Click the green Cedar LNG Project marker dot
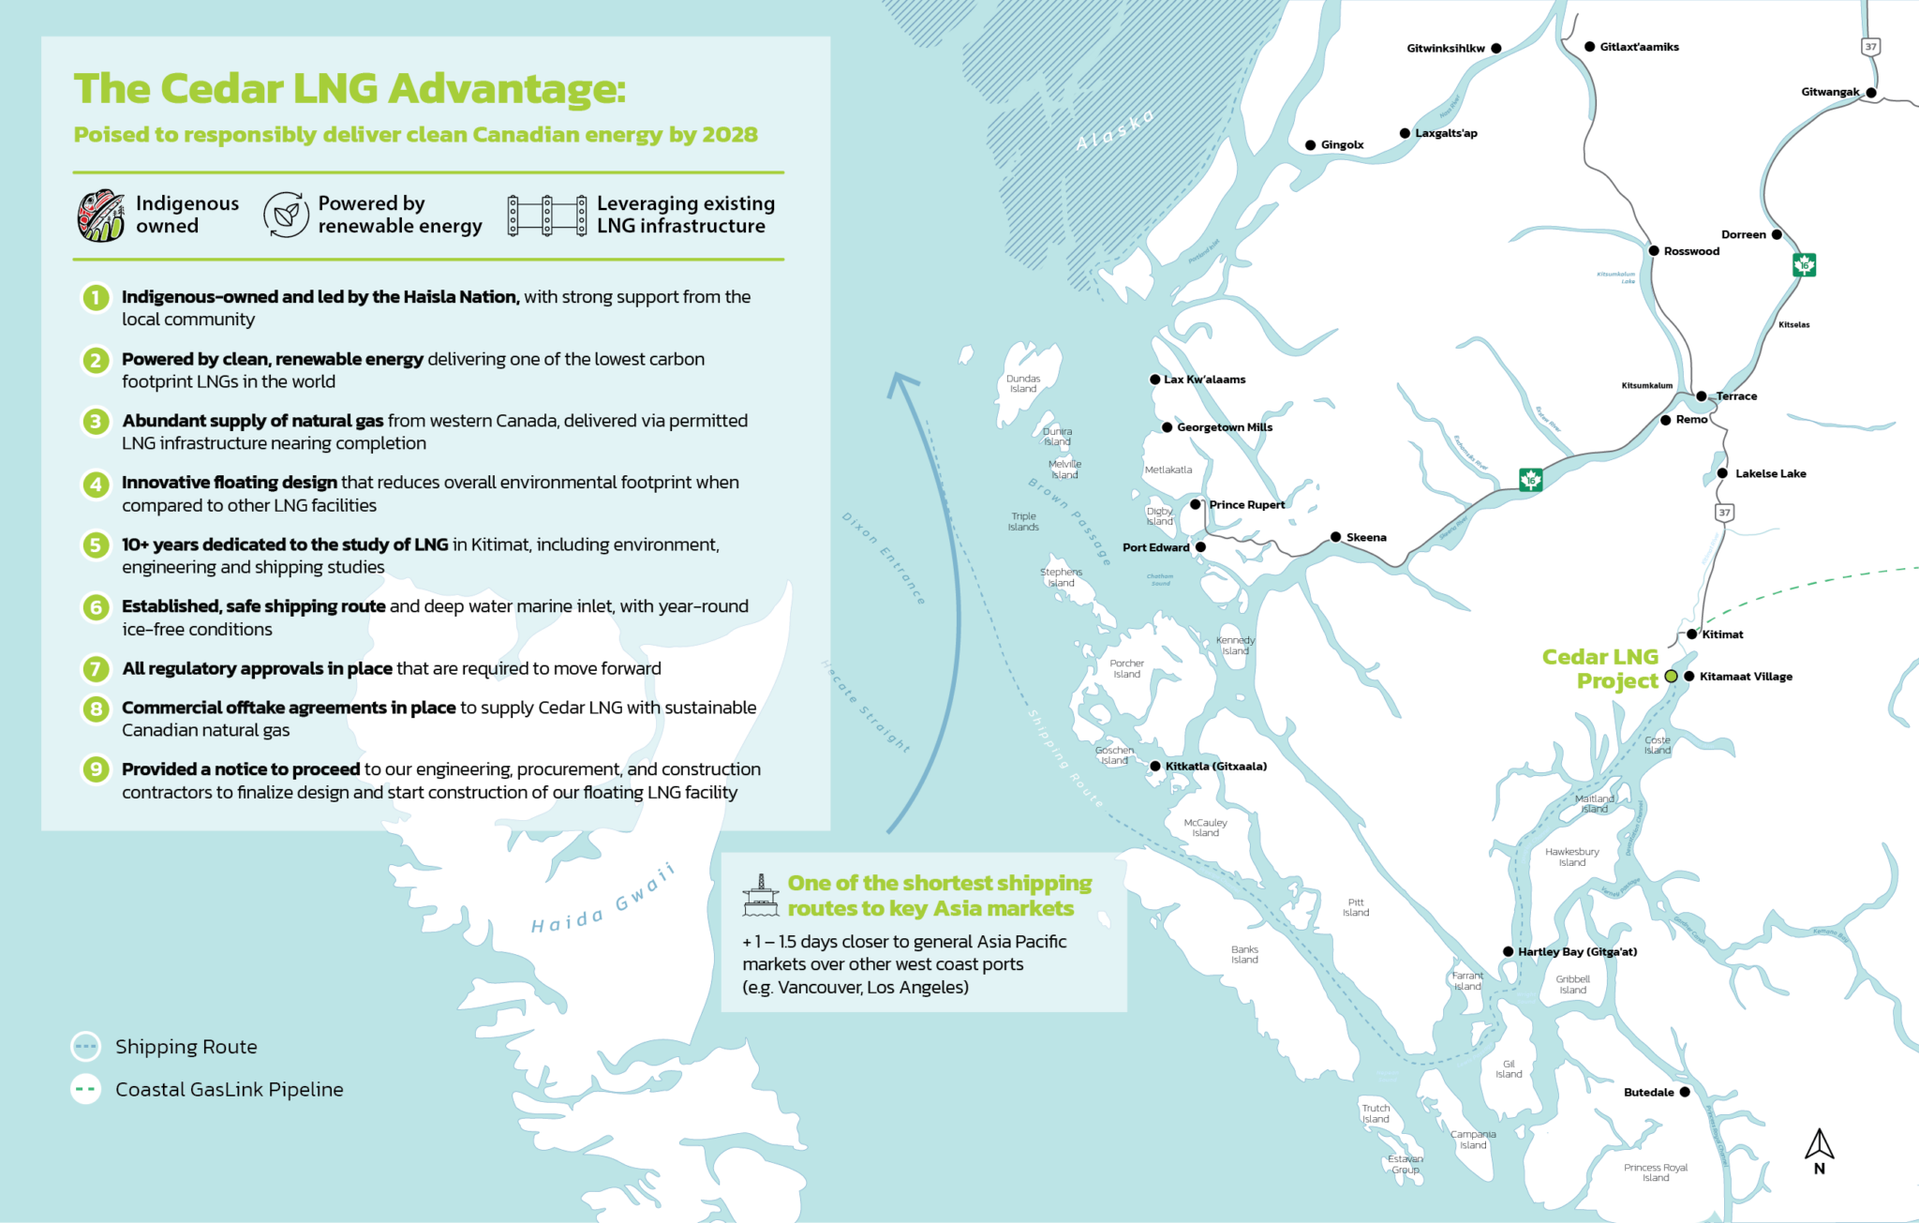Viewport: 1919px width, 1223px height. [x=1671, y=676]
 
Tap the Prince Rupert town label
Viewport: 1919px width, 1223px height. [x=1246, y=504]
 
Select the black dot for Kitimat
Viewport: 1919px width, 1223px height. [x=1691, y=634]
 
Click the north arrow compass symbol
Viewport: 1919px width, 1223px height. [x=1819, y=1149]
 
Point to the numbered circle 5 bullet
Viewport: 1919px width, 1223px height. [x=96, y=545]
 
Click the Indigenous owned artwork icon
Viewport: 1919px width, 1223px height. [x=100, y=216]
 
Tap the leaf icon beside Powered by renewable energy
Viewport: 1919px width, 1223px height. [x=286, y=215]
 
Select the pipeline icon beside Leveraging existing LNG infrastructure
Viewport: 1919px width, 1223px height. [x=547, y=216]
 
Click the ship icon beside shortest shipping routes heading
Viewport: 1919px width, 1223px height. [x=760, y=896]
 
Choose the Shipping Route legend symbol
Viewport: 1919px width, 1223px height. [x=85, y=1046]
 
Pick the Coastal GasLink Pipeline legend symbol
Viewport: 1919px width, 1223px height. [x=85, y=1089]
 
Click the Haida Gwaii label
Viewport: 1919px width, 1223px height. [x=602, y=901]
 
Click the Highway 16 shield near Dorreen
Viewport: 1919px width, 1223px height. [x=1804, y=265]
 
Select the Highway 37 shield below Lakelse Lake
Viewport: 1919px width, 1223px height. [x=1724, y=513]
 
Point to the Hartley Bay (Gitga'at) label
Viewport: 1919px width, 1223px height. [x=1577, y=951]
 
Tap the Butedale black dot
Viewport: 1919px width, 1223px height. [x=1685, y=1092]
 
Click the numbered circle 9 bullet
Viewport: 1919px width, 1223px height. [x=96, y=769]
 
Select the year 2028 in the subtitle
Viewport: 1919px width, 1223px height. [x=729, y=135]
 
